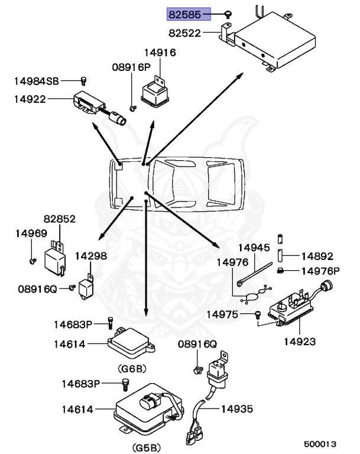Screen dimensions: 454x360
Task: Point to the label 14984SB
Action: (37, 80)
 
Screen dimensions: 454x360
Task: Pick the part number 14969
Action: (31, 234)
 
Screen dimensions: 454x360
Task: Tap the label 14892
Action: (317, 257)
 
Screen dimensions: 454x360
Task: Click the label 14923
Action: (299, 341)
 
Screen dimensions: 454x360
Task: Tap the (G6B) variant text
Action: (131, 368)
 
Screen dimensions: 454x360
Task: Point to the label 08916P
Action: (131, 68)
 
